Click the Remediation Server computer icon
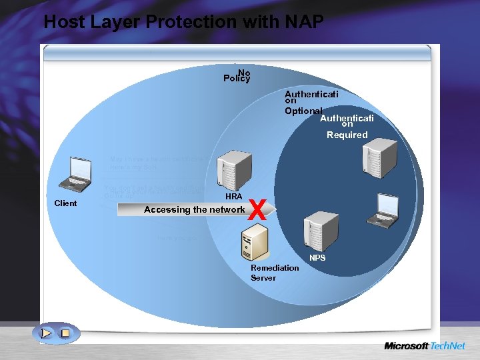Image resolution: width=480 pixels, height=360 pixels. tap(255, 241)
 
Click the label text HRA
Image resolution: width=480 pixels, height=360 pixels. tap(233, 197)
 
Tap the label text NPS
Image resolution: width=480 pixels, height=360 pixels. tap(317, 257)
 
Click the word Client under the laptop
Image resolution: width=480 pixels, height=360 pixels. tap(65, 203)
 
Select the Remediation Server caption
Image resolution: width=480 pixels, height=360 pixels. tap(274, 273)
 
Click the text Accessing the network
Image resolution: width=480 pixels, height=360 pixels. tap(194, 209)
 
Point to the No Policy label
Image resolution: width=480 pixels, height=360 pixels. tap(237, 76)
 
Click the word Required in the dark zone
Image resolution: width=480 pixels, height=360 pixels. tap(347, 135)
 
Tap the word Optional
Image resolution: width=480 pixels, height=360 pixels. tap(303, 111)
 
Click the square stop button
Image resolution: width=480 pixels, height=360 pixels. tap(65, 333)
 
